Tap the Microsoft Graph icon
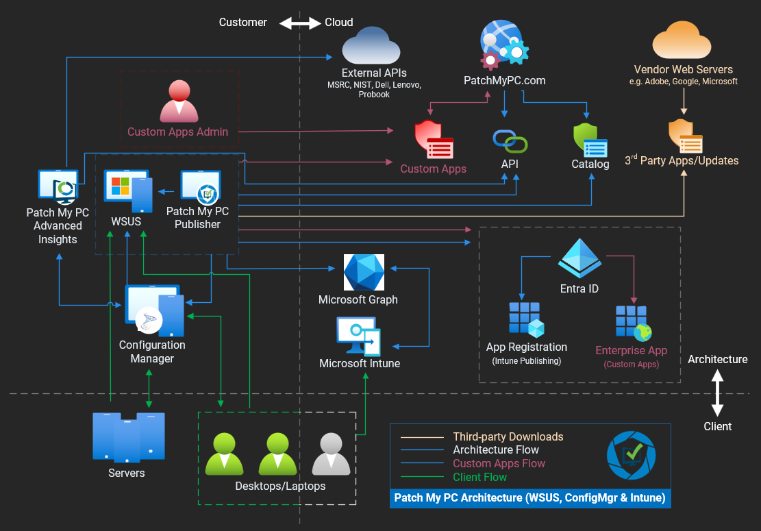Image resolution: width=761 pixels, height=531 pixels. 364,272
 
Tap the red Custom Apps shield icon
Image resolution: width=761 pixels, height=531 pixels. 434,140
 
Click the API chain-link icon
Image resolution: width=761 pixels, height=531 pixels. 510,141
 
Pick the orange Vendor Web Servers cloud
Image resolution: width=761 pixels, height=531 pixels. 683,42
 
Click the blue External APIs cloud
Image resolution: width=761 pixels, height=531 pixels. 371,46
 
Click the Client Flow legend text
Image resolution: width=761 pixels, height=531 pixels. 480,477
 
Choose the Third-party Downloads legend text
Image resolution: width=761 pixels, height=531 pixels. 508,436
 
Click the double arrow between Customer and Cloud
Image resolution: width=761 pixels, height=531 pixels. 300,23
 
